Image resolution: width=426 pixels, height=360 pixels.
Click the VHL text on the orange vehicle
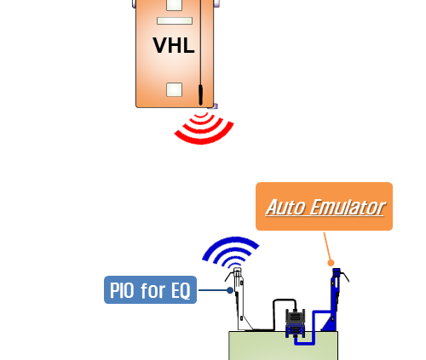pyautogui.click(x=174, y=45)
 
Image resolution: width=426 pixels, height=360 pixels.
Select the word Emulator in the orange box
pyautogui.click(x=347, y=208)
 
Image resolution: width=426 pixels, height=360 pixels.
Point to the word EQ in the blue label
pyautogui.click(x=181, y=290)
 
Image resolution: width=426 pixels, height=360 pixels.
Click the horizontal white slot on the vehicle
pyautogui.click(x=175, y=20)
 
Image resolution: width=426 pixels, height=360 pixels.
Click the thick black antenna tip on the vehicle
pyautogui.click(x=200, y=94)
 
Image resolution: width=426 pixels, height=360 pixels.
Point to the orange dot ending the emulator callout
pyautogui.click(x=331, y=263)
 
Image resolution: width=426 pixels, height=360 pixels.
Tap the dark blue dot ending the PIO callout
pyautogui.click(x=230, y=290)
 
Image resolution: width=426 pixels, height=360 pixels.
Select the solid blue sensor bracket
pyautogui.click(x=335, y=300)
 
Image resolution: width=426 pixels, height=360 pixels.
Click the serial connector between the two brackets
pyautogui.click(x=295, y=323)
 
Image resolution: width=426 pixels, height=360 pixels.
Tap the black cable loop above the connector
pyautogui.click(x=284, y=300)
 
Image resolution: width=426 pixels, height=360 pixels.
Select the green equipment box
pyautogui.click(x=284, y=346)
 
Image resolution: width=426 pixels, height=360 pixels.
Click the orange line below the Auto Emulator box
pyautogui.click(x=327, y=246)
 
